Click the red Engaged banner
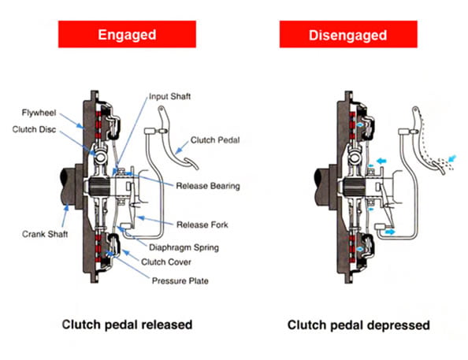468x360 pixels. [127, 34]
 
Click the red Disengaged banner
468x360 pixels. [348, 34]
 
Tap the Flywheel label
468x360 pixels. [39, 113]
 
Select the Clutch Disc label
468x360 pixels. [34, 129]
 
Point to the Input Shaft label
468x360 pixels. [169, 96]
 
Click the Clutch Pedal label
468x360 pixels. [215, 140]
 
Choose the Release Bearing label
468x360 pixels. [208, 186]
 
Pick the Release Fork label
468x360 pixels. [202, 225]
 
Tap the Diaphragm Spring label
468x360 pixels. [184, 247]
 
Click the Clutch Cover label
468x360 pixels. [166, 262]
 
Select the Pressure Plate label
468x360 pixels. [180, 281]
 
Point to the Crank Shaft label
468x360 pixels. [45, 234]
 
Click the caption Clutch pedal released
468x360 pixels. [127, 325]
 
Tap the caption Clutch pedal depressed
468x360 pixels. [358, 325]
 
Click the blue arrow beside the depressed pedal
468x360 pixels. [453, 158]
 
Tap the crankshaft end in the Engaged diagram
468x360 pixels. [68, 187]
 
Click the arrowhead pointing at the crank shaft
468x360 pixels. [66, 207]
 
